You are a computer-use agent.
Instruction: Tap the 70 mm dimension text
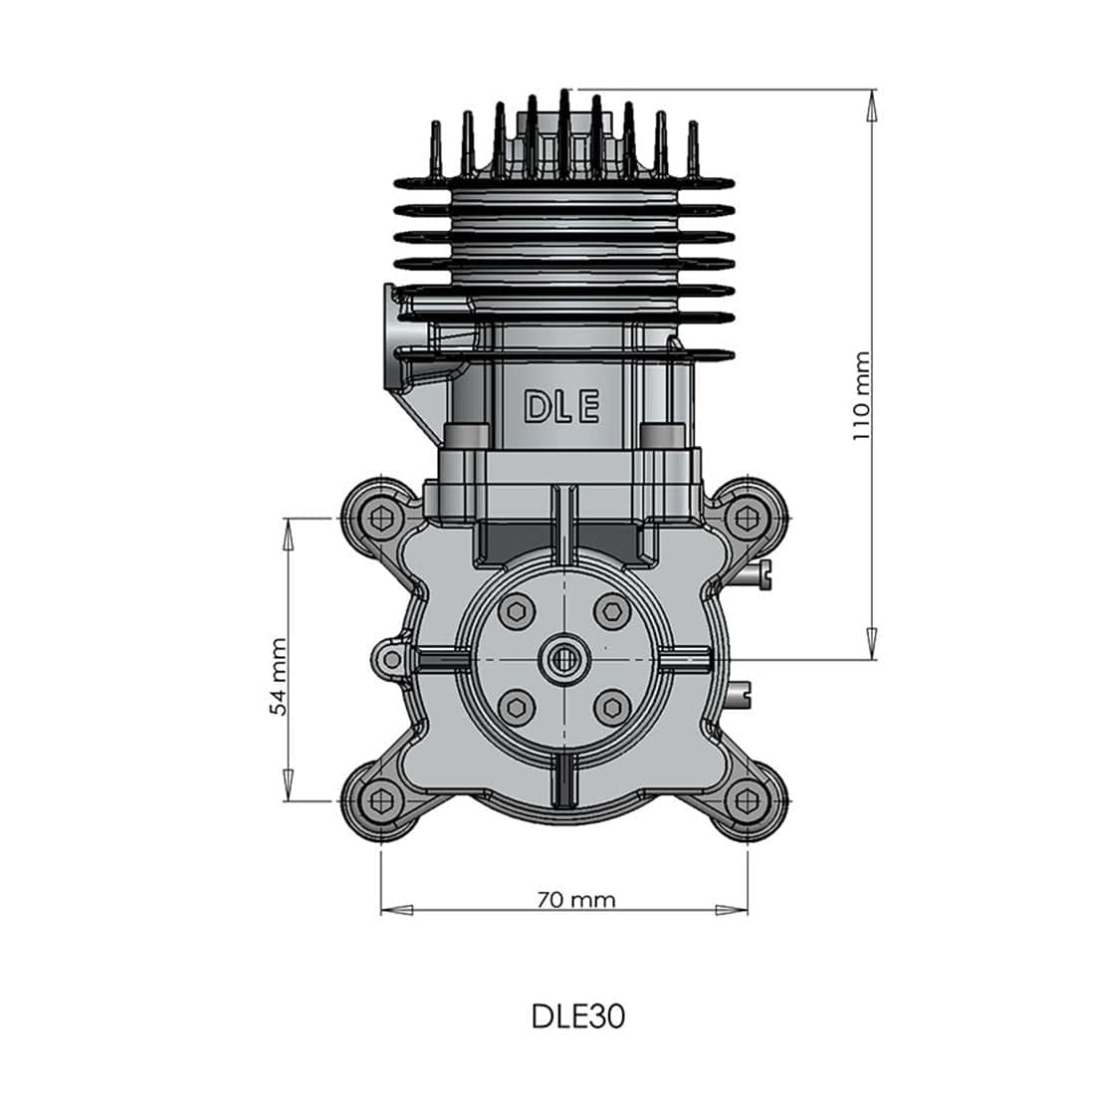[575, 900]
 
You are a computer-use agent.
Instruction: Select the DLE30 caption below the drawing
[577, 1016]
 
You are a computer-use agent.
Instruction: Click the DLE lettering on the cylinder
[561, 407]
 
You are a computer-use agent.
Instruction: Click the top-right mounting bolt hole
[747, 518]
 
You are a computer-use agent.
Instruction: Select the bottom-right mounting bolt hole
[747, 799]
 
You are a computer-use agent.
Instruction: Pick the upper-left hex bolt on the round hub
[516, 612]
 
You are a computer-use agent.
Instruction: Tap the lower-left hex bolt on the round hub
[516, 706]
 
